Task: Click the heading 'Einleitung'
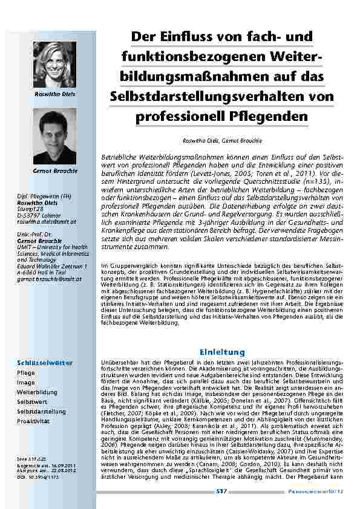point(221,352)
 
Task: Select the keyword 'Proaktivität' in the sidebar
point(33,421)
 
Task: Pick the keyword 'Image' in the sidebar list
point(26,382)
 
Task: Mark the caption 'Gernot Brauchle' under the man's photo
point(54,171)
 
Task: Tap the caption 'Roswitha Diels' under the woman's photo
point(54,96)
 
